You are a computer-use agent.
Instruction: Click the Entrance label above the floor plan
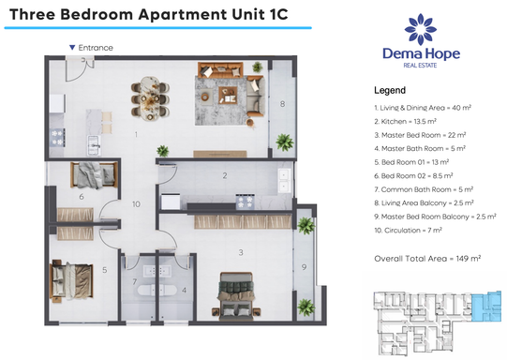click(x=95, y=47)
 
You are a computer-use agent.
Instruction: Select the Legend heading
click(x=390, y=91)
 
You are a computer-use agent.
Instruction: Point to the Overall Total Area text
click(x=427, y=257)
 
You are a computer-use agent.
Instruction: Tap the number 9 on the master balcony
click(x=304, y=268)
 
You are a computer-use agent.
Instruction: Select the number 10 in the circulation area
click(x=136, y=203)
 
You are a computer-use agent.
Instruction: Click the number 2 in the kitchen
click(x=225, y=175)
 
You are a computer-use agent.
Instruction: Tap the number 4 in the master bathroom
click(x=184, y=289)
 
